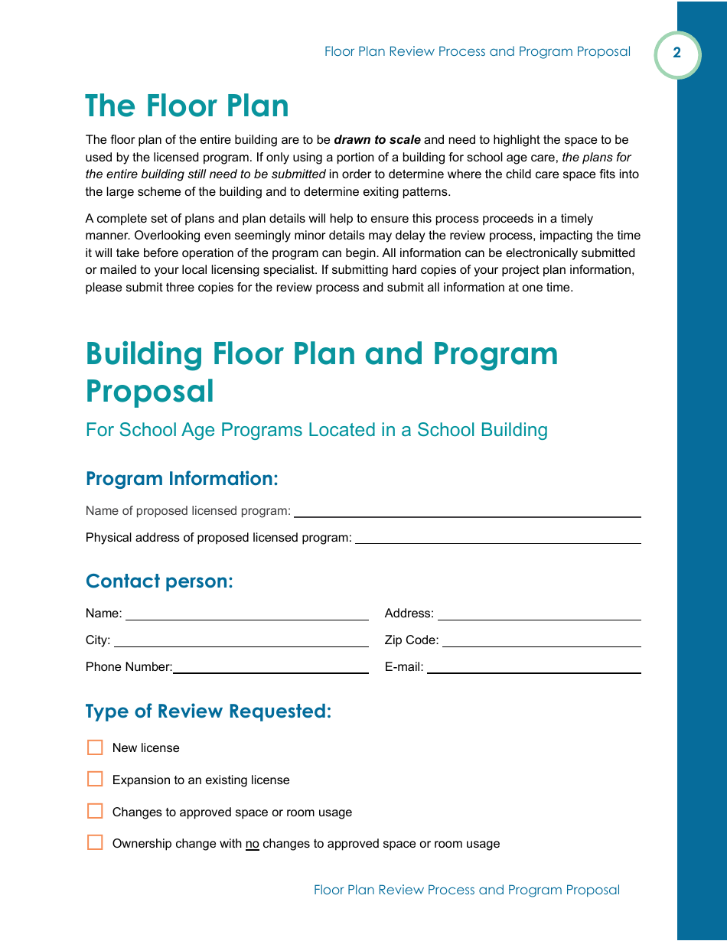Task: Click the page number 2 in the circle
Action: pyautogui.click(x=676, y=54)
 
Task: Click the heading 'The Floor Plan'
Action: pyautogui.click(x=187, y=106)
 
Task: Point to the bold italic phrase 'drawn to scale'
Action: pyautogui.click(x=377, y=140)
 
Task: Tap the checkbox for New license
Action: pyautogui.click(x=95, y=747)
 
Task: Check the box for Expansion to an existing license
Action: pyautogui.click(x=95, y=780)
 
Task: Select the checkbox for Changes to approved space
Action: pyautogui.click(x=95, y=812)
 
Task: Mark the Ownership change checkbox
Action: pyautogui.click(x=95, y=843)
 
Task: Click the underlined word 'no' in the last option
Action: pyautogui.click(x=253, y=844)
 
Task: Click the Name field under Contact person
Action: pyautogui.click(x=246, y=614)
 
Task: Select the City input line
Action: pyautogui.click(x=241, y=640)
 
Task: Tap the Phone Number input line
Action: pyautogui.click(x=270, y=667)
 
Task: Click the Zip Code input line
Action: pyautogui.click(x=541, y=640)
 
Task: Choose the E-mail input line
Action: pyautogui.click(x=533, y=667)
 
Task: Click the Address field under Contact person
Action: pyautogui.click(x=539, y=614)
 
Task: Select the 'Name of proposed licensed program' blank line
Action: pyautogui.click(x=467, y=511)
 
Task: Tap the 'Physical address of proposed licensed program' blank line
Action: pyautogui.click(x=497, y=538)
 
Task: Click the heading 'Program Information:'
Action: pyautogui.click(x=181, y=479)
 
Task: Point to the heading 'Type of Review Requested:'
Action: pyautogui.click(x=208, y=711)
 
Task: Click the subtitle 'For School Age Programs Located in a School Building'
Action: pyautogui.click(x=316, y=430)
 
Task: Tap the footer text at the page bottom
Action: pyautogui.click(x=466, y=890)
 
